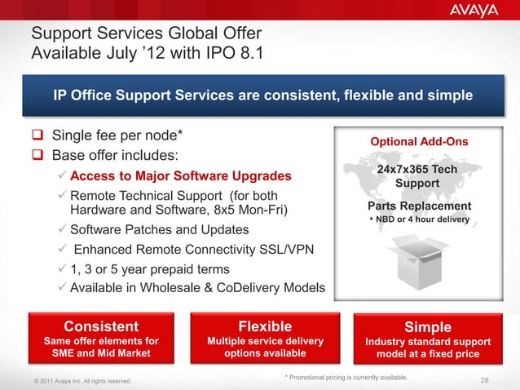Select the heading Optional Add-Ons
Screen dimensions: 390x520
pyautogui.click(x=419, y=142)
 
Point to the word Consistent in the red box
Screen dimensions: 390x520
pyautogui.click(x=101, y=327)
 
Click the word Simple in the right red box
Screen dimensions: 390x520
pyautogui.click(x=427, y=327)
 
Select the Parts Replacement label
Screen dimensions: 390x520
pyautogui.click(x=419, y=206)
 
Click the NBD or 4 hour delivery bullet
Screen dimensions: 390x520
pyautogui.click(x=420, y=219)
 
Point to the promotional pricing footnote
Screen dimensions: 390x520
pyautogui.click(x=346, y=377)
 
